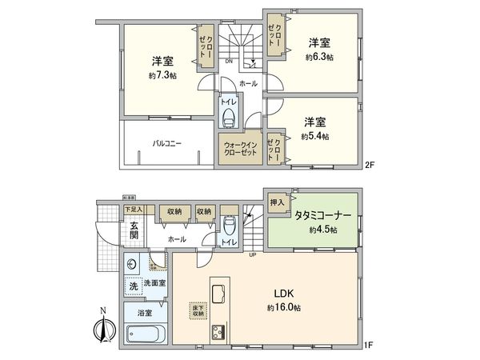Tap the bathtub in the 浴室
coord(146,334)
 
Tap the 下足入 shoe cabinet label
coord(133,210)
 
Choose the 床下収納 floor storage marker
coord(197,308)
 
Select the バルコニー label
coord(167,145)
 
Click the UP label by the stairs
coord(254,256)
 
